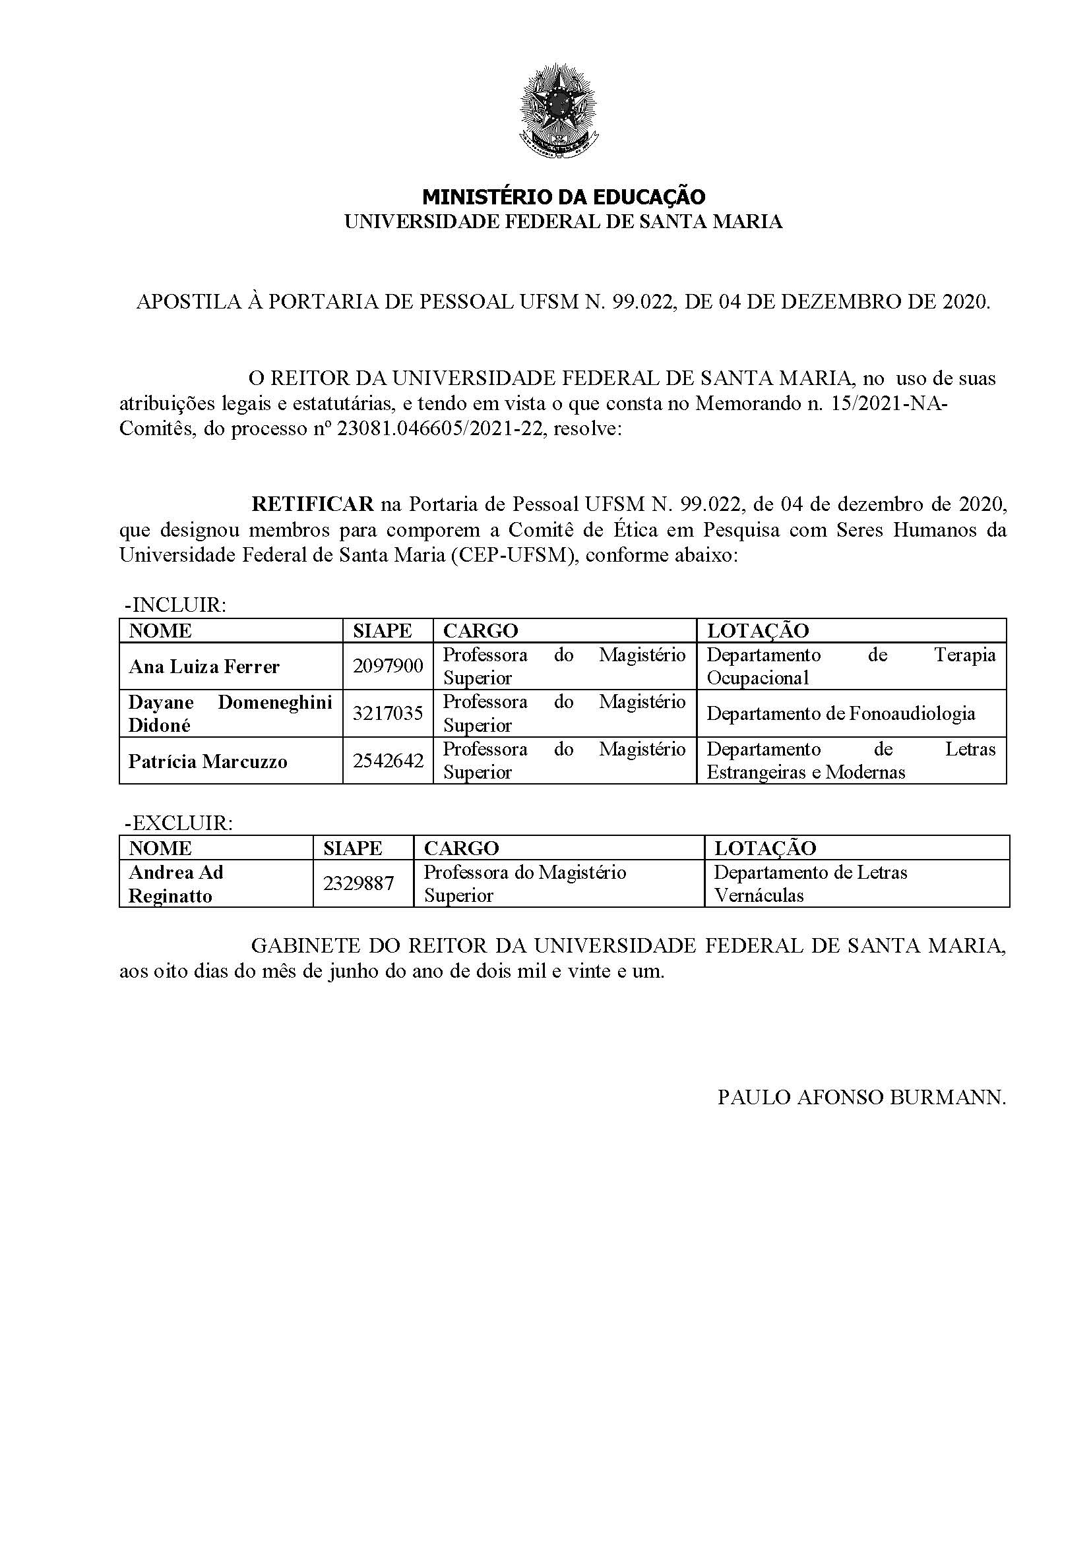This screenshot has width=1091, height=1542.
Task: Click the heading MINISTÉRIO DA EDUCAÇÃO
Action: coord(563,196)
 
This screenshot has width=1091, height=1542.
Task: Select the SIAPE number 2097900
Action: coord(388,666)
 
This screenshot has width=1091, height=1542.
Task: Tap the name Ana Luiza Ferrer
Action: coord(204,667)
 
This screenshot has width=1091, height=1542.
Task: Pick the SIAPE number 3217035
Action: coord(388,713)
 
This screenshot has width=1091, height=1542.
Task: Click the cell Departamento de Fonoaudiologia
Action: coord(840,713)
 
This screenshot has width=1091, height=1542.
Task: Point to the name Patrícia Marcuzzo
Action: coord(208,761)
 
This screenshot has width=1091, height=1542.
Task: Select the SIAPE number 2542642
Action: coord(388,760)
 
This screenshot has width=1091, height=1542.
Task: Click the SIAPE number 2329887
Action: coord(358,883)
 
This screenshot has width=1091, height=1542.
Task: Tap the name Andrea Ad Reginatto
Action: coord(175,884)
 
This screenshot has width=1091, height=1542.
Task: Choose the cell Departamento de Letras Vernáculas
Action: coord(809,883)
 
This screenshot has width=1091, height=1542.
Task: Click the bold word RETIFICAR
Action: coord(313,503)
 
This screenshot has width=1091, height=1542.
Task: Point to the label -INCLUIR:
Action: coord(175,605)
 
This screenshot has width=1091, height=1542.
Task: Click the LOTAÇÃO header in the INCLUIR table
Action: coord(758,631)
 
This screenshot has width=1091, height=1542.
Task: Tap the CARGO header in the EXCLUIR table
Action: coord(462,848)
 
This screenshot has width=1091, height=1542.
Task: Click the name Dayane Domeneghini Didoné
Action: coord(230,713)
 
